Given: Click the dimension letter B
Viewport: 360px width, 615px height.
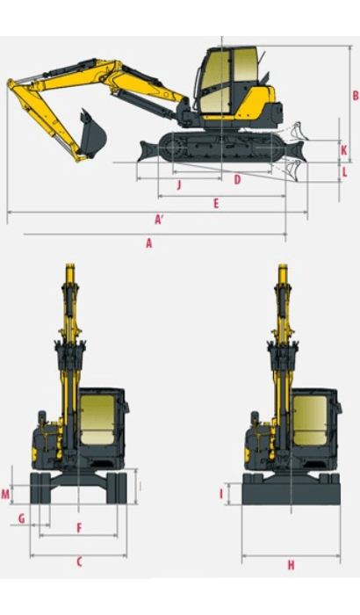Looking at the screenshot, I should point(355,96).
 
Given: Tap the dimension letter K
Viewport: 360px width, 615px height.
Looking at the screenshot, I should point(343,150).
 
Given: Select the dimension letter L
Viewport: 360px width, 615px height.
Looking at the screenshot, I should point(344,171).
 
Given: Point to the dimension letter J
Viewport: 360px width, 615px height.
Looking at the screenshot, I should point(178,184).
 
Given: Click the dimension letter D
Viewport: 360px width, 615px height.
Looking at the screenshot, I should point(237,179).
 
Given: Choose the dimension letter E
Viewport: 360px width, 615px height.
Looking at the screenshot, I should point(215,203).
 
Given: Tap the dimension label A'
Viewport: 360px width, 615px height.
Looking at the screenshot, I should point(160,219).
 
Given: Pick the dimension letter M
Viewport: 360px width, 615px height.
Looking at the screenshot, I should point(5,495).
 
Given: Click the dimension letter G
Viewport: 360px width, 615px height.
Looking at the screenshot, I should point(21,518).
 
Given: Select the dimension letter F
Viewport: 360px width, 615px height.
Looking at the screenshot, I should point(79,528).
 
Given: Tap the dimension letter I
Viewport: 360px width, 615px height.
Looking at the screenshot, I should point(221,494).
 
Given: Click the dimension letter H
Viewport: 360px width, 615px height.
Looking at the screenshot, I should point(291,565).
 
